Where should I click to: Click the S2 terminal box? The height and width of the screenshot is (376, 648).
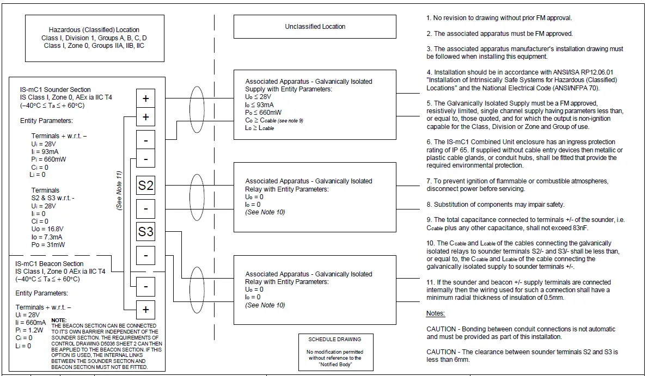point(145,186)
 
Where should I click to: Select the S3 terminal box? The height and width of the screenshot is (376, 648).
point(145,232)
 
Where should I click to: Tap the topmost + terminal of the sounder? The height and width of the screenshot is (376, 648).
point(145,98)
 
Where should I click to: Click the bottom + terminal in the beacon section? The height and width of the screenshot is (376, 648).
point(145,309)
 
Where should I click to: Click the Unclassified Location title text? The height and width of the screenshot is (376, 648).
point(315,26)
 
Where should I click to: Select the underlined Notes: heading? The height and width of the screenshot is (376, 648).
point(436,313)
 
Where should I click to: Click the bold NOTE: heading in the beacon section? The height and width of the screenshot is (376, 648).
point(59,320)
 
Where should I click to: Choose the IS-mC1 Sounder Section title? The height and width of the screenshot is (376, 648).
point(53,89)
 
